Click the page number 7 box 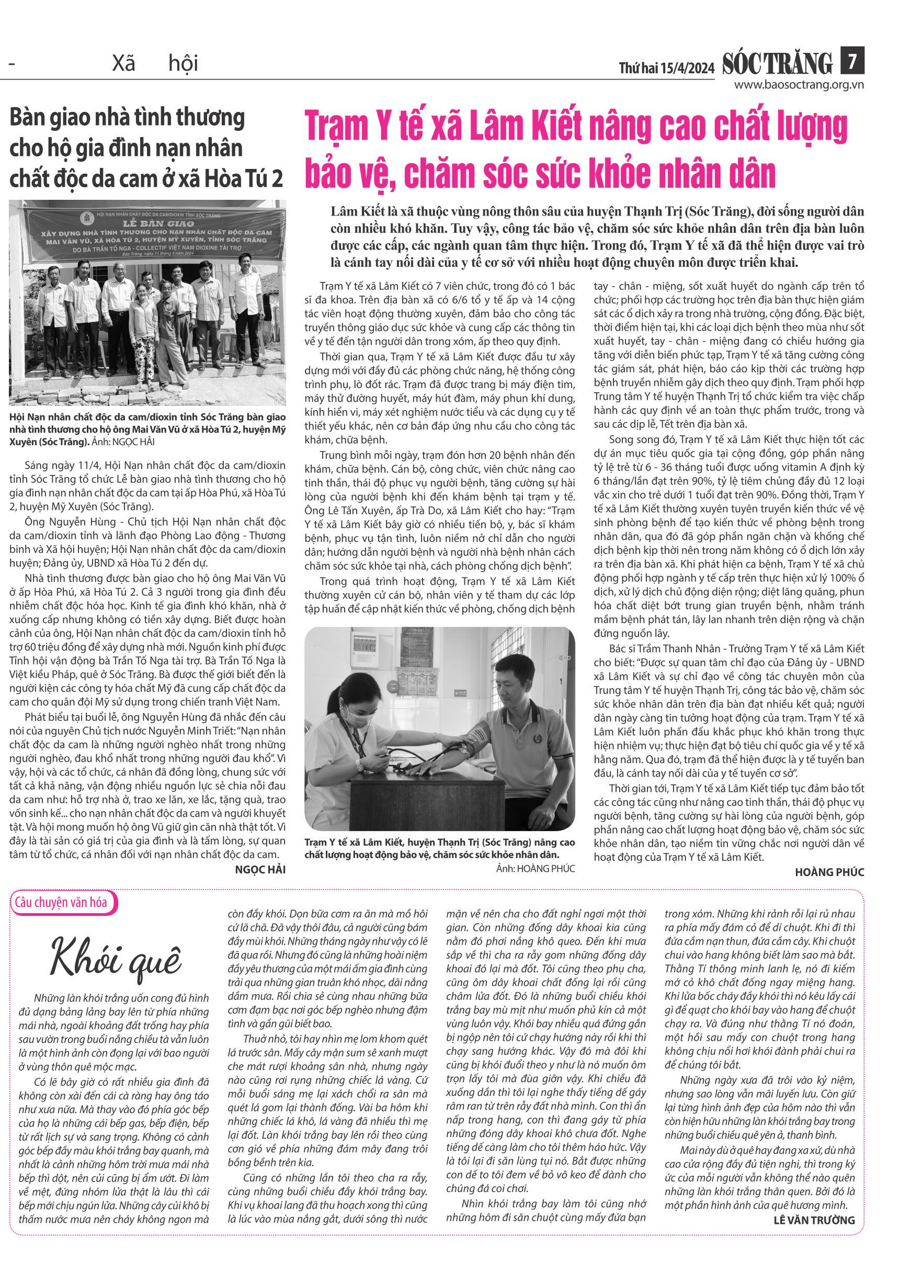pos(851,60)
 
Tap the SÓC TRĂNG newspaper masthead pos(777,63)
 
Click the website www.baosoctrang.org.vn pos(798,85)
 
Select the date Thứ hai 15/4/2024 pos(666,69)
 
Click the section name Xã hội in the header pos(155,63)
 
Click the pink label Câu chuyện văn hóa pos(61,902)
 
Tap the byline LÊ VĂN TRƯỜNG pos(813,1220)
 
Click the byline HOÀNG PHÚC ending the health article pos(829,872)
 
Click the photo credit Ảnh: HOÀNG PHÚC pos(535,868)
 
